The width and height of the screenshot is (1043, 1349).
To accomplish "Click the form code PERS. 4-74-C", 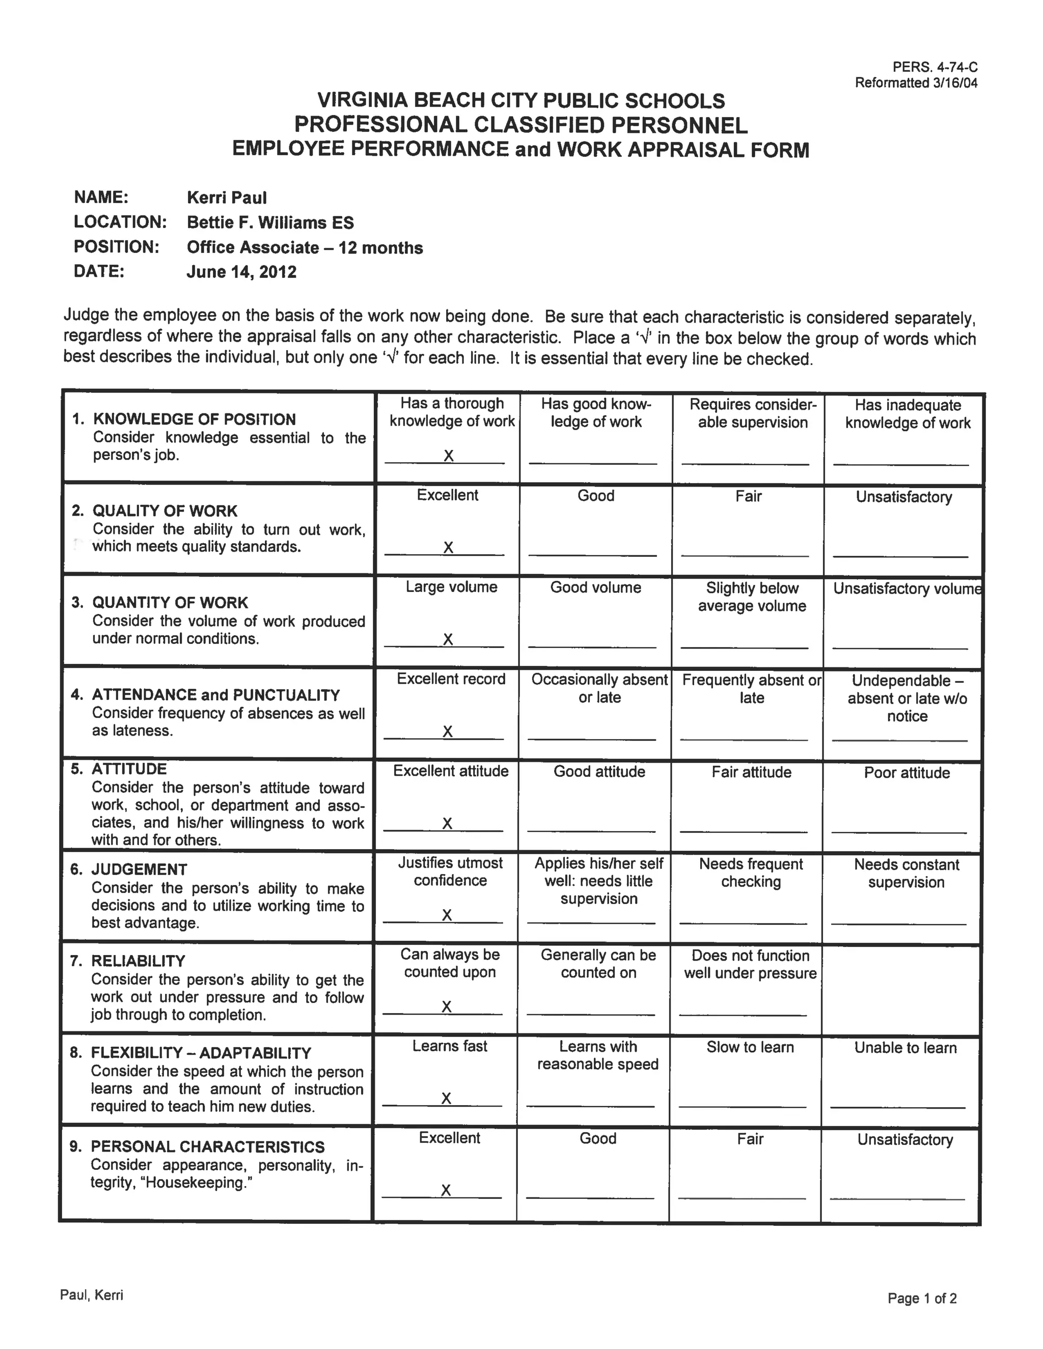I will coord(934,67).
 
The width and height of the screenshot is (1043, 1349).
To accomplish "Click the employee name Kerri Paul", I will coord(227,198).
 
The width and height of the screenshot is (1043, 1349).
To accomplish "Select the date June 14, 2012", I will coord(241,272).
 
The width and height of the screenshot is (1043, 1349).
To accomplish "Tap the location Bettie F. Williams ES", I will coord(270,222).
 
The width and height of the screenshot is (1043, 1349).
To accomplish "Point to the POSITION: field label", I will coord(116,247).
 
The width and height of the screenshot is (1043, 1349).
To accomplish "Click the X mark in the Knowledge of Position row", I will coord(449,456).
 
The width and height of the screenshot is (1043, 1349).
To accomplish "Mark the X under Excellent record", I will coord(447,732).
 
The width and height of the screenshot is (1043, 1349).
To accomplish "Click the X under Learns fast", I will coord(446,1098).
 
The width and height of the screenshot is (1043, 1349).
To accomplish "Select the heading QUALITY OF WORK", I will coord(164,511).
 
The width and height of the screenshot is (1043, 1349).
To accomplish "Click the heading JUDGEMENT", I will coord(139,869).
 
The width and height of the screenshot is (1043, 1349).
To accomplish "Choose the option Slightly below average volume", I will coord(752,597).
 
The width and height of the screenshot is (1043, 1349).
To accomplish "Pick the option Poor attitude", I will coord(907,773).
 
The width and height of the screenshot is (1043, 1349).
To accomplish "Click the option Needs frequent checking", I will coord(751,873).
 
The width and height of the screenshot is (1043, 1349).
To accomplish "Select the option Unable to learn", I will coord(905,1048).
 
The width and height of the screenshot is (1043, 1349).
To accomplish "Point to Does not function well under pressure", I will coord(750,964).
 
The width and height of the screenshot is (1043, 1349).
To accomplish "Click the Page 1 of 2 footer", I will coord(922,1299).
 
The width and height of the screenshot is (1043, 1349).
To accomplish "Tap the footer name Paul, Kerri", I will coord(92,1295).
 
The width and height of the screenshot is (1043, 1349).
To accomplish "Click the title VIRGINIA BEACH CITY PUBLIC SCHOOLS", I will coord(521,100).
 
